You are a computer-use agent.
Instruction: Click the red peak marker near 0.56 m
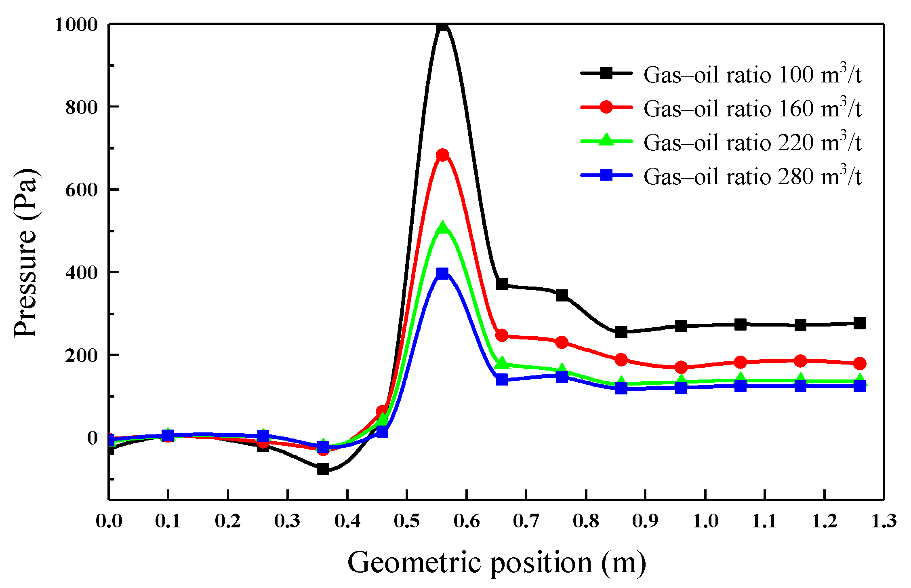point(442,155)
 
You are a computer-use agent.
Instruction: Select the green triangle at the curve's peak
point(442,228)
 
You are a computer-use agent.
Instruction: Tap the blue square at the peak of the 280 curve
point(442,273)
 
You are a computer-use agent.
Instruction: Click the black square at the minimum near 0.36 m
point(323,469)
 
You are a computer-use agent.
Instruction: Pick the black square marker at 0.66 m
point(502,284)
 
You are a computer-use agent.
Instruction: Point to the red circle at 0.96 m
point(681,367)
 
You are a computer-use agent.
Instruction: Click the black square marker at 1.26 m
point(860,323)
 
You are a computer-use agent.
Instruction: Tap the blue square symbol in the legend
point(606,175)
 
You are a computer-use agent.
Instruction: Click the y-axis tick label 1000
point(76,25)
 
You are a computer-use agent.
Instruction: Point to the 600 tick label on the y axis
point(82,190)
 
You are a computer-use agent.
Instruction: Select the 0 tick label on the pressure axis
point(93,438)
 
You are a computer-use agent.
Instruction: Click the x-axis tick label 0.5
point(407,521)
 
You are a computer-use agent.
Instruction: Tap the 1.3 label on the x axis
point(884,521)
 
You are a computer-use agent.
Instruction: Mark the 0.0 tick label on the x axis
point(109,521)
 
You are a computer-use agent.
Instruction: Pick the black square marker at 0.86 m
point(621,332)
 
